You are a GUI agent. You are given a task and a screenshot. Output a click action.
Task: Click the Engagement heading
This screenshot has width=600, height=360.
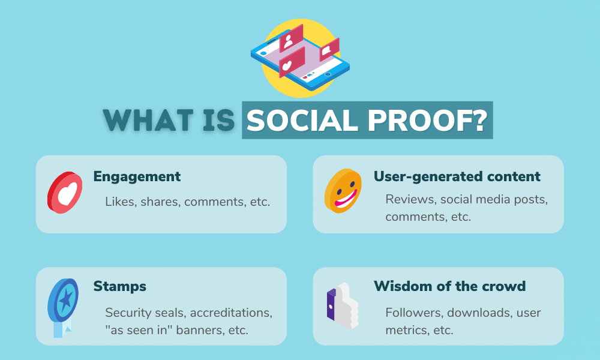[x=137, y=176]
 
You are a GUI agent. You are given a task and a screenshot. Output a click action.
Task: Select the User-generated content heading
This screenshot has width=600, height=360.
[x=457, y=176]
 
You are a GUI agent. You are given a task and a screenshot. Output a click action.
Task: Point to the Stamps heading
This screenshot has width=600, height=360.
[x=119, y=286]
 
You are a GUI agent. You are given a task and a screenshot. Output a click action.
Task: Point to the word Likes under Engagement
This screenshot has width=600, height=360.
[x=120, y=201]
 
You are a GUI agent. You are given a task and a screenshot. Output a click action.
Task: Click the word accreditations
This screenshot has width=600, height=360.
[x=226, y=313]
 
